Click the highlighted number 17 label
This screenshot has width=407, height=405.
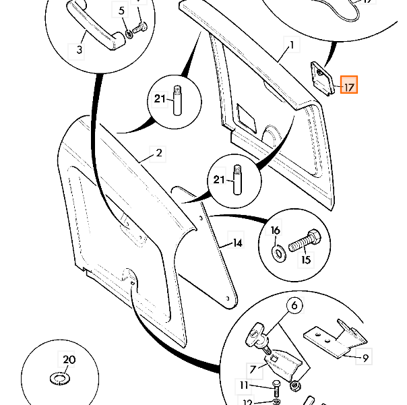pos(349,87)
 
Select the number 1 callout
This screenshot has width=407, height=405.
pos(292,46)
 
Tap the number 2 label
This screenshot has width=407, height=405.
pos(158,153)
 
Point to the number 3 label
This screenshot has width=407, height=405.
pos(79,51)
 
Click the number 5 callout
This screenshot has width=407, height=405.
pos(122,11)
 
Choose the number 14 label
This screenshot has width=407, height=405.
pos(237,243)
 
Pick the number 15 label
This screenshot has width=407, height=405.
pos(307,259)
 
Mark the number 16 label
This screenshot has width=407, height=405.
pos(275,230)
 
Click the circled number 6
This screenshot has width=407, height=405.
pos(294,307)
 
